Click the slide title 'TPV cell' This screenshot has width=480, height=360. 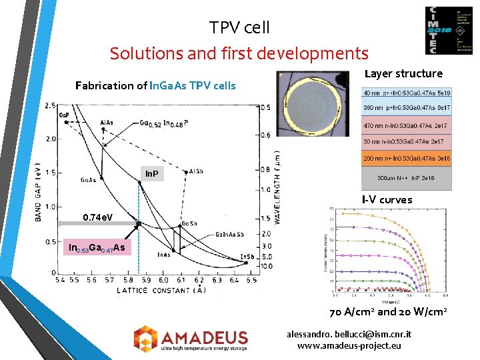click(239, 27)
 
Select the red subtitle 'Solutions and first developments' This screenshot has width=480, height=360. click(239, 53)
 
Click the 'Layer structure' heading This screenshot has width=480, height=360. click(403, 73)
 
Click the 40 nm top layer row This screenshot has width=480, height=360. click(406, 93)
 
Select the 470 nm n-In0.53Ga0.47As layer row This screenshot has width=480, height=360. click(406, 125)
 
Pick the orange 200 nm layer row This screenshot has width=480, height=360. click(406, 159)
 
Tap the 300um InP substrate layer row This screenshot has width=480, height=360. click(406, 178)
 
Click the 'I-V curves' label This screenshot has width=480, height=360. click(387, 199)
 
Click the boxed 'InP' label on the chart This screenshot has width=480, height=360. click(152, 174)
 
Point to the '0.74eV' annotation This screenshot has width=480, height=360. click(97, 218)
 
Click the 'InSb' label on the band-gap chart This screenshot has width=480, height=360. click(247, 257)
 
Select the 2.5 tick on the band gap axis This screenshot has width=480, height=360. click(50, 106)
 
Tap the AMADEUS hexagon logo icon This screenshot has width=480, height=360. click(146, 338)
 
